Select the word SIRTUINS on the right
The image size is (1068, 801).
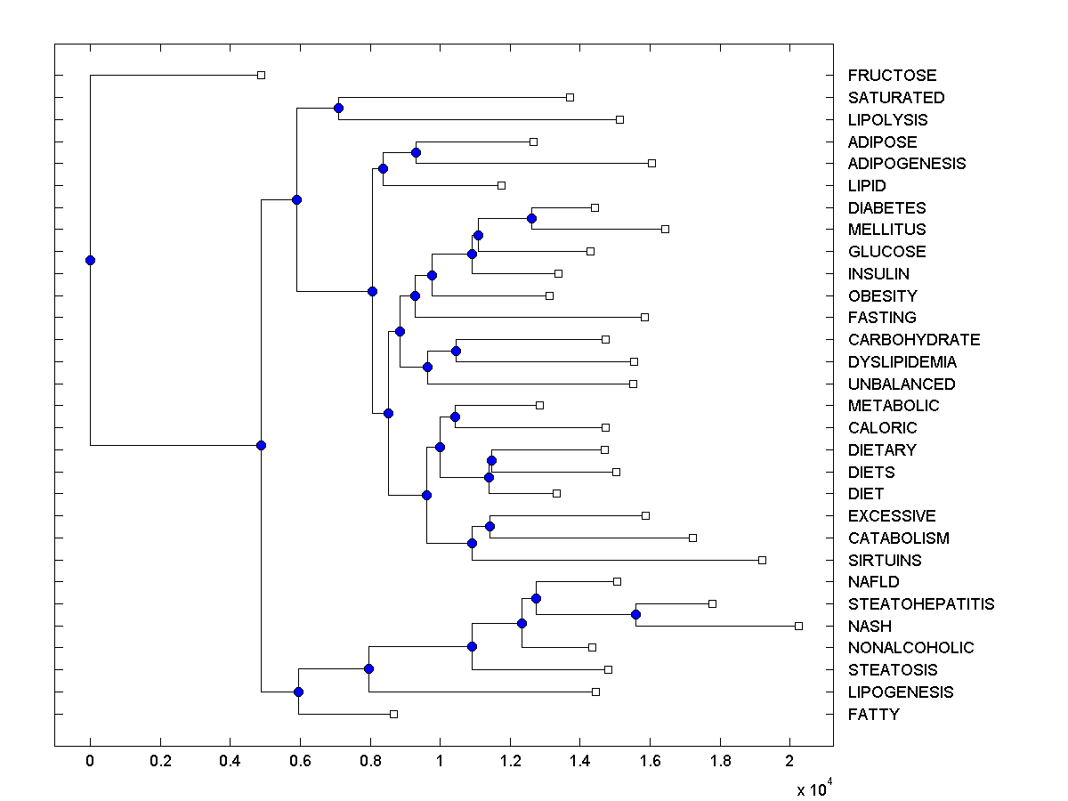coord(885,560)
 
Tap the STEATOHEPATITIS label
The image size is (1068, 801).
coord(921,604)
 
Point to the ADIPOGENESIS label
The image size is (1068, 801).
coord(907,164)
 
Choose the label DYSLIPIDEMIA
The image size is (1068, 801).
coord(902,362)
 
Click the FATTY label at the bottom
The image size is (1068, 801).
coord(873,714)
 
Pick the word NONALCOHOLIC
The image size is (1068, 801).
coord(910,648)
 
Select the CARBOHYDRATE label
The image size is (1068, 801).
coord(914,340)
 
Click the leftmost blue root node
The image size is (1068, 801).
coord(90,260)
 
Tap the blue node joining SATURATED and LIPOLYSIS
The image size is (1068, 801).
coord(338,108)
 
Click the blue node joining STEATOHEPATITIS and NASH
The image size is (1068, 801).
coord(635,614)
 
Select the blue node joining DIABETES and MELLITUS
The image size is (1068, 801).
coord(531,218)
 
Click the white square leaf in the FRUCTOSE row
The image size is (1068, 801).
coord(261,75)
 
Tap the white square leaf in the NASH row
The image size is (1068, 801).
coord(798,626)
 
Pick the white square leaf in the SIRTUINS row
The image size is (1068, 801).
coord(762,560)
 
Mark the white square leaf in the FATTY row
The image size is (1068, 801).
coord(393,714)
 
